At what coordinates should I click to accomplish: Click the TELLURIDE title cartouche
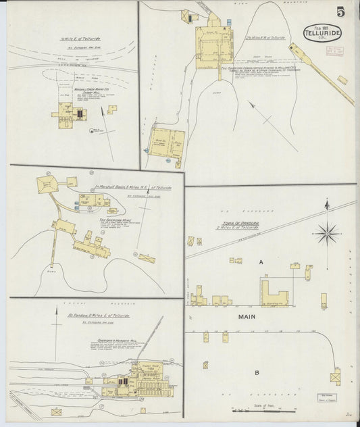322,32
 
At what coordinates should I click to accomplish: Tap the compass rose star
328,233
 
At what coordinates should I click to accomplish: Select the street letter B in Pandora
257,372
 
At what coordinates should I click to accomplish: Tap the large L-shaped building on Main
274,293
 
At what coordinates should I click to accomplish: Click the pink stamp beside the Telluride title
334,50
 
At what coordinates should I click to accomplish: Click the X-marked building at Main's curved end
335,376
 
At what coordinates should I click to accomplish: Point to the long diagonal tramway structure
324,74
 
